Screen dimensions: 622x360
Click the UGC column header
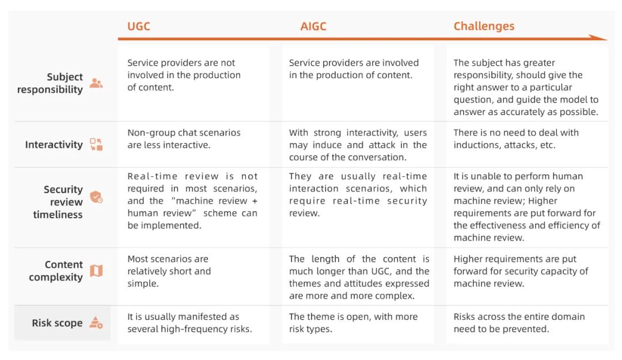click(138, 26)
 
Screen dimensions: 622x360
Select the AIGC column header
click(313, 26)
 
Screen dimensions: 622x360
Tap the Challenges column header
click(484, 26)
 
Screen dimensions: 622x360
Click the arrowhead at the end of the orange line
click(599, 37)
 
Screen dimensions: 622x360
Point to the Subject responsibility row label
click(50, 83)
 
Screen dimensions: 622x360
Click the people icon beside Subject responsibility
click(96, 83)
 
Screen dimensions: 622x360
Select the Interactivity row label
click(54, 145)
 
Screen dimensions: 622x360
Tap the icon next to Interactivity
click(96, 145)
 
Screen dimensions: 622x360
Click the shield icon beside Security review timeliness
click(96, 196)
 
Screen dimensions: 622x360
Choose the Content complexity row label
click(55, 271)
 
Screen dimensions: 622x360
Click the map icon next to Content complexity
click(96, 271)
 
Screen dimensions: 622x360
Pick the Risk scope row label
click(57, 323)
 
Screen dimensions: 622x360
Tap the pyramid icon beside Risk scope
click(96, 323)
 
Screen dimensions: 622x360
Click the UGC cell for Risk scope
click(189, 323)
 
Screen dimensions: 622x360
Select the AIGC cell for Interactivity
click(358, 145)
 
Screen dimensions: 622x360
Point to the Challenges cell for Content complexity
click(521, 271)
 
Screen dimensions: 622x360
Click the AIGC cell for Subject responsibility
click(354, 69)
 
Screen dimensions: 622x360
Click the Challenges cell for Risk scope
click(519, 323)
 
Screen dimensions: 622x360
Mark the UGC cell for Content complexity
click(169, 271)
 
